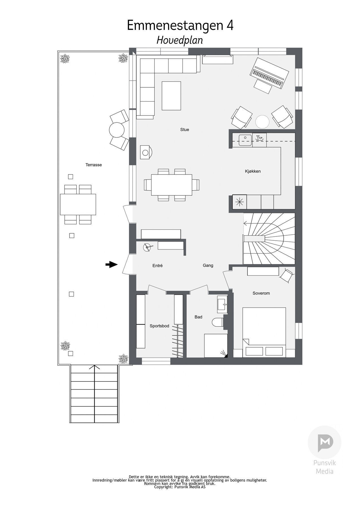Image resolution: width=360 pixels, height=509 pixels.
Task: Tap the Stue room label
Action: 184,130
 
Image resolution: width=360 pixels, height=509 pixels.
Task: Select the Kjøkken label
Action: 253,171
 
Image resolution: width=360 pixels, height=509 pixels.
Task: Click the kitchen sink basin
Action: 245,140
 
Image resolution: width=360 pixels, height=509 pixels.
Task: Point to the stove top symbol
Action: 240,202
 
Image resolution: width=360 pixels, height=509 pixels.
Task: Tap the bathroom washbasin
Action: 222,304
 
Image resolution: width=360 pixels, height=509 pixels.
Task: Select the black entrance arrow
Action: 111,265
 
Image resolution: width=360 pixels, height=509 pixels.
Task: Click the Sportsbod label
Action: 159,326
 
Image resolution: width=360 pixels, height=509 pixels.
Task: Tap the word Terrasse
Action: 94,165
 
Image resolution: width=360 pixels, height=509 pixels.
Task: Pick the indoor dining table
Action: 171,185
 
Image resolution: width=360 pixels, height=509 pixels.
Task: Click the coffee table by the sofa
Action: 171,96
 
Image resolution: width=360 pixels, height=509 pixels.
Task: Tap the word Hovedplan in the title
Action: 180,40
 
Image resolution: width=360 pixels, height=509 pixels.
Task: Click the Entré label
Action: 157,266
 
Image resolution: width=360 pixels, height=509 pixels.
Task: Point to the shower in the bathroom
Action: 216,346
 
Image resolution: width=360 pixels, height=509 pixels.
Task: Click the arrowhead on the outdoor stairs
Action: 94,367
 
